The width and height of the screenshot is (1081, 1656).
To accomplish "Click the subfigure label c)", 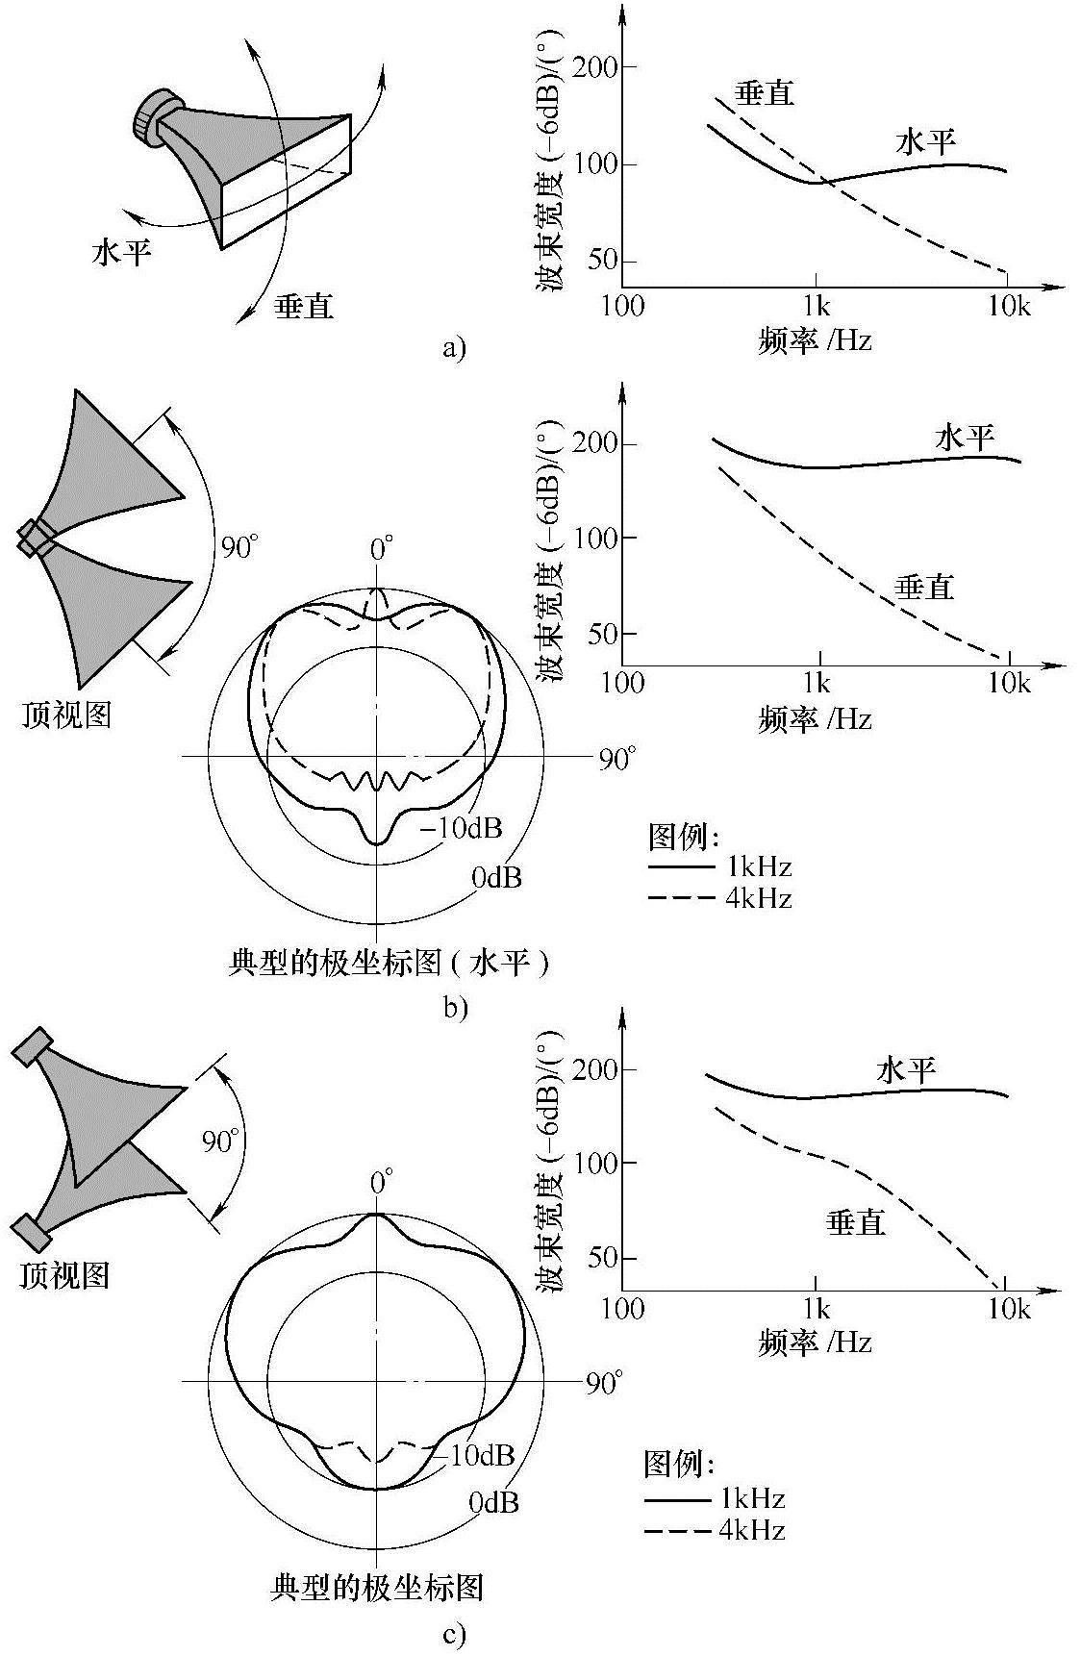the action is (x=455, y=1634).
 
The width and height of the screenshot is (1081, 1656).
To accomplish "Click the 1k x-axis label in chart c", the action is (x=817, y=1310).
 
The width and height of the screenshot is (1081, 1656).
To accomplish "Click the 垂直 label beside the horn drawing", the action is (x=304, y=306).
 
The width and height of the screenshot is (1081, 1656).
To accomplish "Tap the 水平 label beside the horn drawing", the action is (x=122, y=252).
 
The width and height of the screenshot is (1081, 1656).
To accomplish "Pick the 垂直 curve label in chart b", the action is (x=924, y=587).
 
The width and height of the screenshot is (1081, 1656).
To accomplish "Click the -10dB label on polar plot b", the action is (x=463, y=828).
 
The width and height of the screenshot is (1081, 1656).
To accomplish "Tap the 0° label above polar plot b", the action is (x=382, y=550).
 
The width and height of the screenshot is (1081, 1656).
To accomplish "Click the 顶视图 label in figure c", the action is (x=64, y=1274).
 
